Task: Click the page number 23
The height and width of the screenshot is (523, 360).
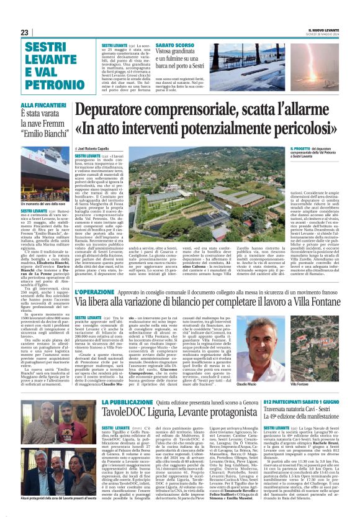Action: click(25, 32)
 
